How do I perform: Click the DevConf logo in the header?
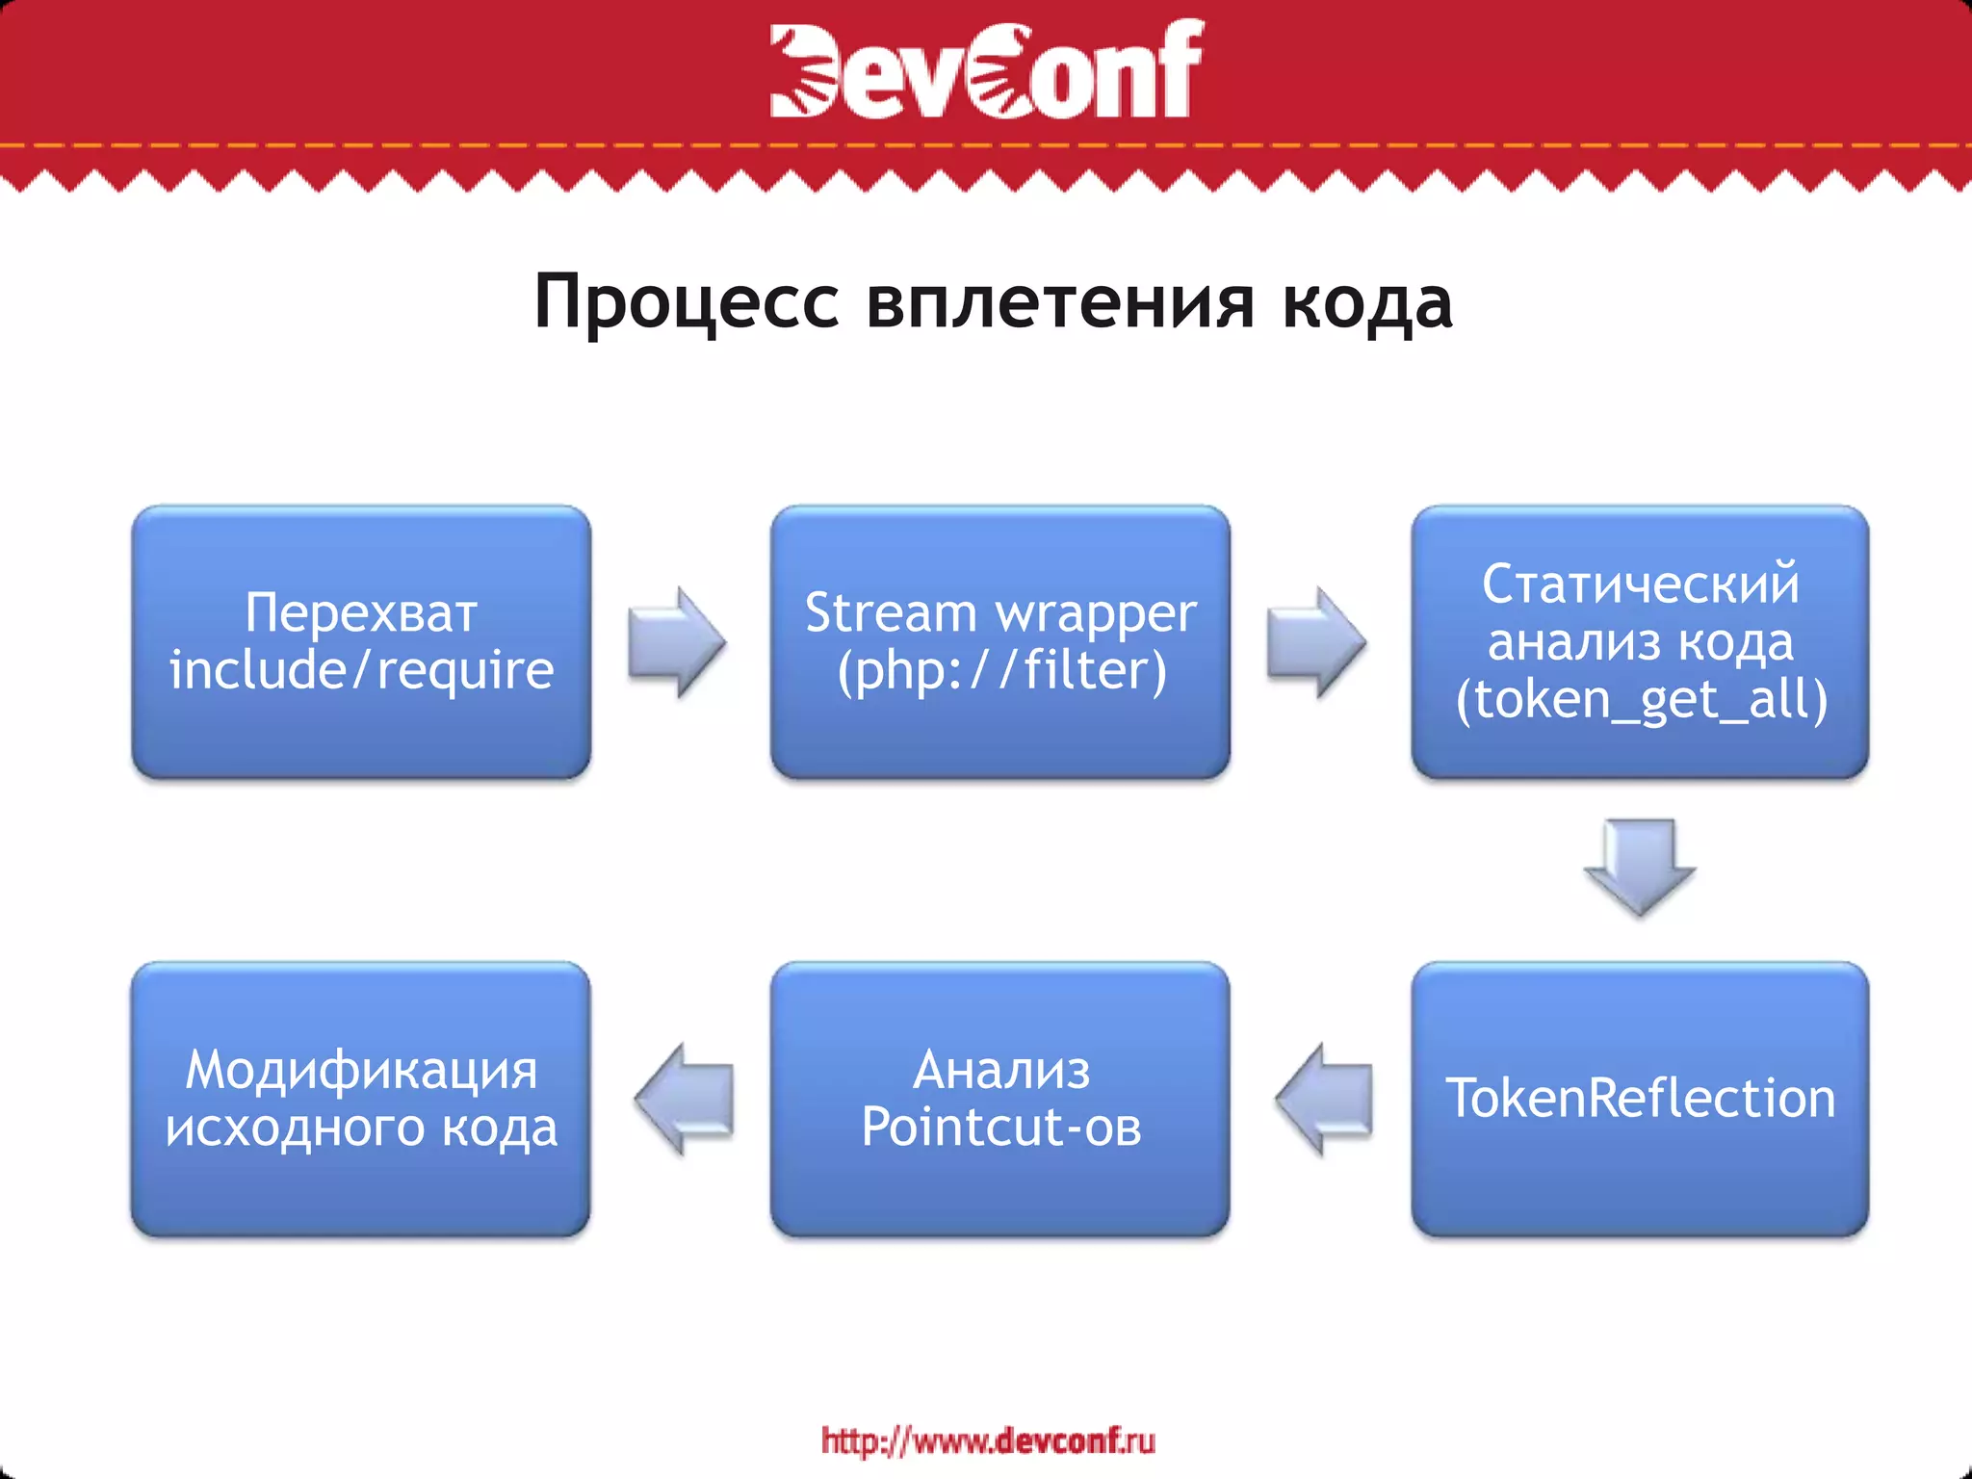tap(986, 69)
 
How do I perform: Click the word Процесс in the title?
tap(687, 302)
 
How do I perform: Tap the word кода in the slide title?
tap(1367, 302)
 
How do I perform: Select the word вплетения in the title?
tap(1060, 302)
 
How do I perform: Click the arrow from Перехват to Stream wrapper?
tap(676, 641)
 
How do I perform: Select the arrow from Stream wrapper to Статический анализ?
tap(1316, 641)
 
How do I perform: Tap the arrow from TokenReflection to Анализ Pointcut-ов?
tap(1324, 1099)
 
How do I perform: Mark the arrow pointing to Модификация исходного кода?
tap(685, 1099)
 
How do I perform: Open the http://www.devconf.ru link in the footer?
tap(988, 1440)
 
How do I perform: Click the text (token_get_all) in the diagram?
tap(1641, 699)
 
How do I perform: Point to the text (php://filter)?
tap(1001, 670)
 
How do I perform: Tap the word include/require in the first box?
tap(361, 670)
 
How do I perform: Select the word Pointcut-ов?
tap(1001, 1127)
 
